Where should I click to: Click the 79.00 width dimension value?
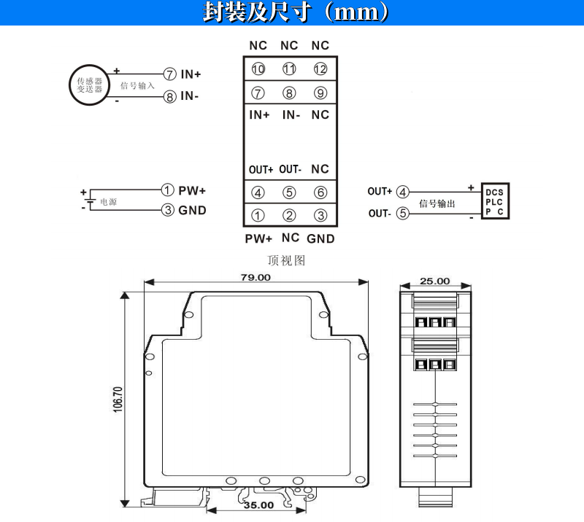tap(255, 278)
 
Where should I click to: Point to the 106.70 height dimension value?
tap(118, 400)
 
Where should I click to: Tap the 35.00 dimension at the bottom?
tap(258, 505)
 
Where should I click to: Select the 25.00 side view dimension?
tap(434, 281)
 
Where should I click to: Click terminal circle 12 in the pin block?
tap(320, 69)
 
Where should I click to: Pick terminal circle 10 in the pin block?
tap(258, 69)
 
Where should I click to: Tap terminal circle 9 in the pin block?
tap(320, 93)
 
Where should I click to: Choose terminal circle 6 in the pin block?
tap(320, 192)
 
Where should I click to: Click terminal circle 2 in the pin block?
tap(289, 215)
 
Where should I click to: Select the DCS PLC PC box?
tap(495, 201)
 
